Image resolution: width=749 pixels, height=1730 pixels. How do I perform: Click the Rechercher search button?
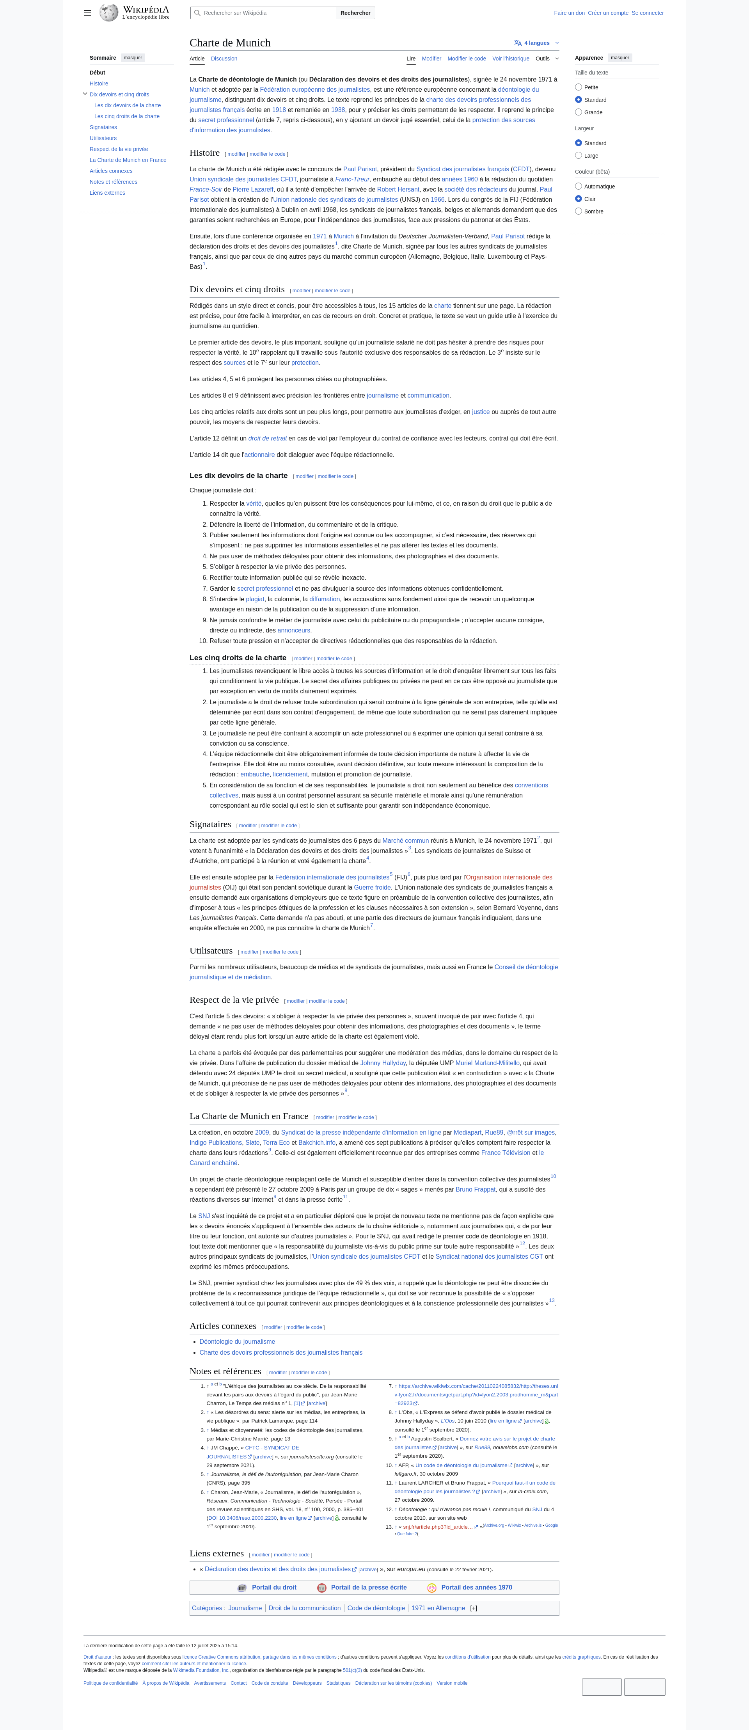(355, 13)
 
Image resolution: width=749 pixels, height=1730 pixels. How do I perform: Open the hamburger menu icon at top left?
(87, 13)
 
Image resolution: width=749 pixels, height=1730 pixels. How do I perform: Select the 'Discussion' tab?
(224, 59)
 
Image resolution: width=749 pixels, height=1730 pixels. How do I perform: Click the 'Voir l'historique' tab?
(511, 59)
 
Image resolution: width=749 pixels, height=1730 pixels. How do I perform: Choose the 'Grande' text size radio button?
(579, 112)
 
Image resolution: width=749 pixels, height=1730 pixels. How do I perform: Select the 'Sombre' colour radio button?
(579, 211)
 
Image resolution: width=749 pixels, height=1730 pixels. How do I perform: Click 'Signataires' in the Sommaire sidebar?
(103, 127)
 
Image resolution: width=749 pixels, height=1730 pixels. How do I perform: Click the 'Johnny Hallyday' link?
(383, 1063)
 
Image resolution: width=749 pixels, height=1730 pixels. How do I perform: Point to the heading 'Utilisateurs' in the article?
(211, 951)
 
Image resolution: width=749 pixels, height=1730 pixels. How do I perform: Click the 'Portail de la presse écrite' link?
(368, 1588)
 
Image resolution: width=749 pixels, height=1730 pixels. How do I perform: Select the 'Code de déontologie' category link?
(376, 1608)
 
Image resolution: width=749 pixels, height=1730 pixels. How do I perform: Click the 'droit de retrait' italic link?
(267, 439)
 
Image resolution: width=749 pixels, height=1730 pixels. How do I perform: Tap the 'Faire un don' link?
(569, 13)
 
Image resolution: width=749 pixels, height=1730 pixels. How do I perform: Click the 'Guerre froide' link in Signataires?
(372, 887)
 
